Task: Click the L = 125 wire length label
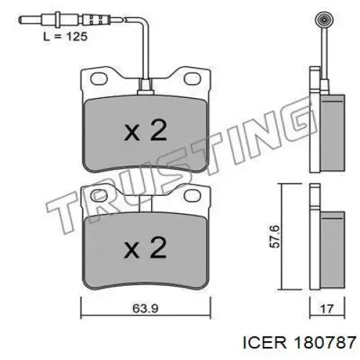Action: click(66, 37)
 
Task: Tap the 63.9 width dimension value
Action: click(145, 309)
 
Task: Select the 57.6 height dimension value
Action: click(274, 236)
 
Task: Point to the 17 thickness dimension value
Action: click(327, 309)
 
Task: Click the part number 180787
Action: click(325, 342)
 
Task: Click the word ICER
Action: click(265, 342)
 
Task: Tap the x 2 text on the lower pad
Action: click(145, 248)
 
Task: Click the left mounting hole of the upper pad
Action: click(99, 78)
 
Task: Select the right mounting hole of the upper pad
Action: click(192, 78)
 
